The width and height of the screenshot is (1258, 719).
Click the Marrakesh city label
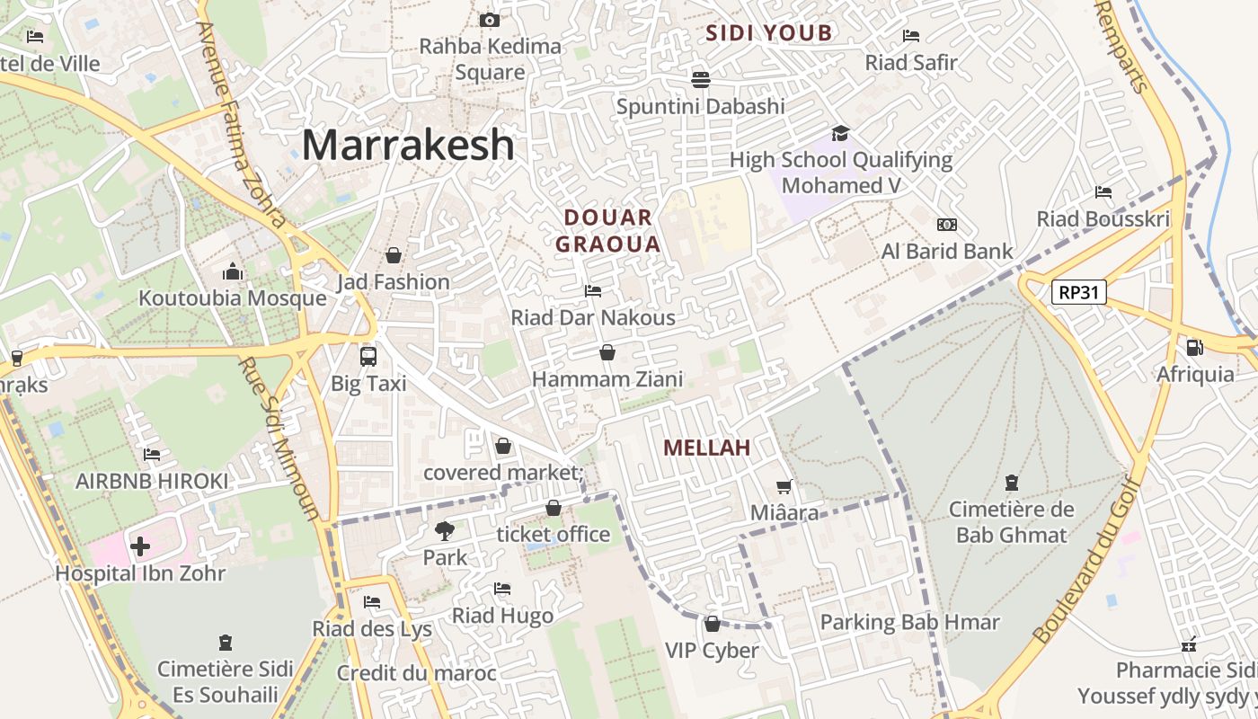pos(408,145)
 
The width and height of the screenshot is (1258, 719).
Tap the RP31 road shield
pos(1078,292)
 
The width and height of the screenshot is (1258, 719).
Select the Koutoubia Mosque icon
pos(233,271)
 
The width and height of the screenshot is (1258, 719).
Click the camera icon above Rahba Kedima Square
pos(490,20)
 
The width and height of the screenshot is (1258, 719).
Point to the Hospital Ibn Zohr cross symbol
pos(140,546)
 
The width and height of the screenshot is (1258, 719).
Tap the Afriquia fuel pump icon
pos(1194,348)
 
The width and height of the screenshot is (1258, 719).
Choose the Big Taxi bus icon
pos(368,356)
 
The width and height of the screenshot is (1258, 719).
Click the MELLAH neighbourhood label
pos(706,448)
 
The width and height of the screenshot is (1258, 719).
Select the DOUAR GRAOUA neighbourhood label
pos(608,230)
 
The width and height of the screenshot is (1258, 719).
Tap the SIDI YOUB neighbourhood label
pos(768,34)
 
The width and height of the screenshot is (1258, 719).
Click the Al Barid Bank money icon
pos(946,225)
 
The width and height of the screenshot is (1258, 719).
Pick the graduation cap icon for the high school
pos(840,133)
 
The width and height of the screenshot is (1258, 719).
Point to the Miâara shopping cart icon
pos(784,486)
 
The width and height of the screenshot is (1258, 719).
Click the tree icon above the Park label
pos(445,530)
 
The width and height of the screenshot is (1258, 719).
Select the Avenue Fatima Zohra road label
pos(241,126)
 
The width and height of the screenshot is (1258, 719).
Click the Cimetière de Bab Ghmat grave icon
pos(1012,483)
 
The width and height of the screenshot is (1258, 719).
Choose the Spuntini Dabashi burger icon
pos(701,79)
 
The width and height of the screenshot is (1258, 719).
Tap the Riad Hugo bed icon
pos(502,589)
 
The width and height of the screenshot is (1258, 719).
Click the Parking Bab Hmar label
pos(909,622)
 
